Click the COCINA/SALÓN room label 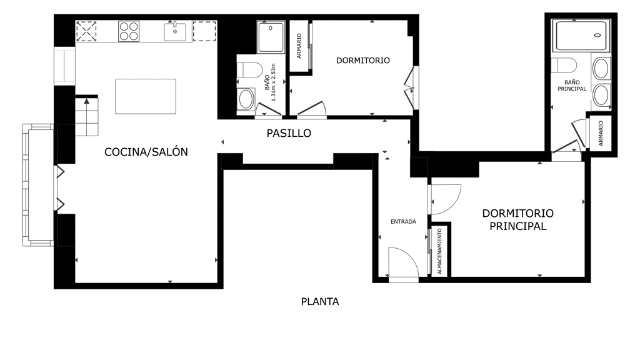tap(146, 152)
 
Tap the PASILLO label tap(289, 133)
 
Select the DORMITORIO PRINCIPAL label tap(518, 219)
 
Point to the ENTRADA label tap(403, 222)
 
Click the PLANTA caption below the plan tap(320, 302)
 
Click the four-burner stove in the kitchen tap(129, 31)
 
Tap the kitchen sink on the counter tap(175, 31)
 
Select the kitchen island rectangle tap(146, 96)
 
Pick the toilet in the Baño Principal tap(564, 65)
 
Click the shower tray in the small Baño tap(271, 37)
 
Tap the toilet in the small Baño tap(250, 70)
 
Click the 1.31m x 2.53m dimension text tap(274, 82)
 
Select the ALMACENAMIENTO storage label tap(439, 251)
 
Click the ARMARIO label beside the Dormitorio tap(299, 46)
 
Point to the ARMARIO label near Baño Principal tap(601, 134)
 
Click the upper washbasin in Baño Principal tap(601, 68)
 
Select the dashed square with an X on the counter tap(86, 31)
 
